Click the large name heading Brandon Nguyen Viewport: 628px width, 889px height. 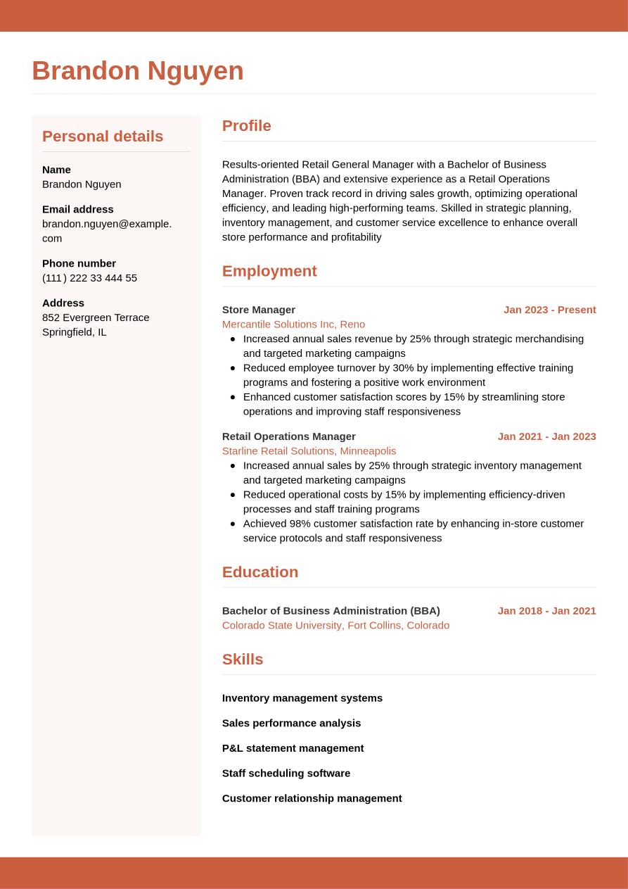pyautogui.click(x=138, y=71)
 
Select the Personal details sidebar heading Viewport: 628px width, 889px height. pyautogui.click(x=103, y=137)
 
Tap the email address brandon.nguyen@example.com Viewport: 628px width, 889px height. pyautogui.click(x=107, y=231)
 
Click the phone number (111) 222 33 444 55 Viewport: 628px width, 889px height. pyautogui.click(x=89, y=278)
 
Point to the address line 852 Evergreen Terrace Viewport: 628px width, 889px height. pyautogui.click(x=96, y=317)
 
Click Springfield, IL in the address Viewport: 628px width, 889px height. pyautogui.click(x=75, y=332)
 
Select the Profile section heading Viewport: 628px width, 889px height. pyautogui.click(x=246, y=126)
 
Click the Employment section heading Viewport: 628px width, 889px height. pyautogui.click(x=269, y=271)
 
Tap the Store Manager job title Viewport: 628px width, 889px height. pyautogui.click(x=259, y=310)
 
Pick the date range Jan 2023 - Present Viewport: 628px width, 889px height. pyautogui.click(x=549, y=310)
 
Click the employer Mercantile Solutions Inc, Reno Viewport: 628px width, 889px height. pyautogui.click(x=293, y=324)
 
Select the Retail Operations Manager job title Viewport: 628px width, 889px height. pyautogui.click(x=289, y=436)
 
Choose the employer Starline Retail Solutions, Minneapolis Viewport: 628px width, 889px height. pyautogui.click(x=309, y=451)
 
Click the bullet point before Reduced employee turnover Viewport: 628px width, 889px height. pyautogui.click(x=233, y=368)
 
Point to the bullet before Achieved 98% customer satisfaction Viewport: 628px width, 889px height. pyautogui.click(x=233, y=524)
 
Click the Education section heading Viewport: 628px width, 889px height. pyautogui.click(x=260, y=572)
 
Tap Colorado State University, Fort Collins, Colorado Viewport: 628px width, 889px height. pyautogui.click(x=335, y=626)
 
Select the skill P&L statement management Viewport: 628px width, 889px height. pyautogui.click(x=293, y=748)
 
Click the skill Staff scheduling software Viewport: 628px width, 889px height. pyautogui.click(x=286, y=774)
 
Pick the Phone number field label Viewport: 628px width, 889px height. pyautogui.click(x=79, y=263)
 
